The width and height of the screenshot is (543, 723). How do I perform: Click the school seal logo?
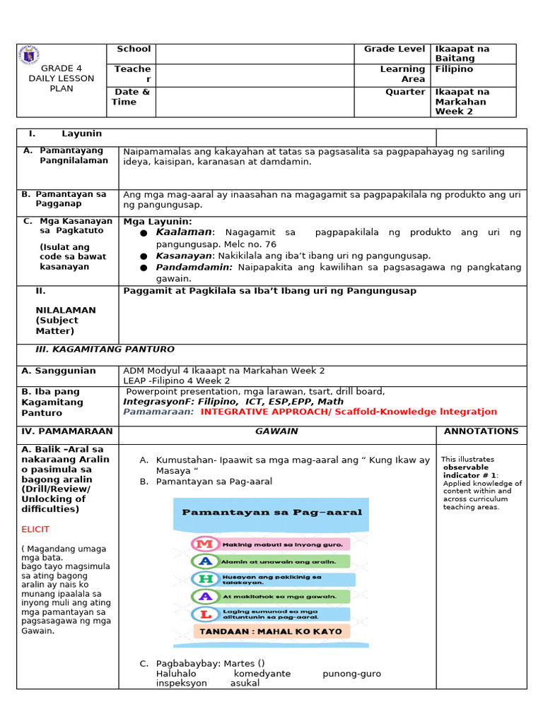pyautogui.click(x=30, y=55)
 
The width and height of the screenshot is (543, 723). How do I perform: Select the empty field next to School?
pyautogui.click(x=255, y=53)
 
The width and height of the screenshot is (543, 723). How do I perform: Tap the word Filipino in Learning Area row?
pyautogui.click(x=454, y=69)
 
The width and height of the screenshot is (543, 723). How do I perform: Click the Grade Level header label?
pyautogui.click(x=395, y=49)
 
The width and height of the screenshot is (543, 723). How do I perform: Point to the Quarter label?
pyautogui.click(x=405, y=92)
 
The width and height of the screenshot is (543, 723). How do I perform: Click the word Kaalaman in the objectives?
pyautogui.click(x=184, y=232)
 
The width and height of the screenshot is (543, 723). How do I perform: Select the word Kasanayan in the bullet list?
pyautogui.click(x=184, y=256)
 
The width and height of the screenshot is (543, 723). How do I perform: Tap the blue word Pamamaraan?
pyautogui.click(x=158, y=412)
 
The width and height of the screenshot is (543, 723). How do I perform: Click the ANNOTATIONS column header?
pyautogui.click(x=481, y=431)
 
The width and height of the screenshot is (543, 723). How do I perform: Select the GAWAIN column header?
pyautogui.click(x=276, y=431)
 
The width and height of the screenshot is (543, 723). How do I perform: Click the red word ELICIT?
pyautogui.click(x=35, y=529)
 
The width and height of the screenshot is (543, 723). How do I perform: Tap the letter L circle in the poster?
pyautogui.click(x=206, y=614)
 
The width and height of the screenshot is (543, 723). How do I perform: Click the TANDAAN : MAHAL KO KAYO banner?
pyautogui.click(x=271, y=631)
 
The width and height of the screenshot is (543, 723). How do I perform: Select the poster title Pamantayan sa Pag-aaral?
pyautogui.click(x=271, y=513)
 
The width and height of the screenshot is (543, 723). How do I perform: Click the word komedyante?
pyautogui.click(x=262, y=674)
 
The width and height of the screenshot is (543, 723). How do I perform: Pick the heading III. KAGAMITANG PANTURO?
pyautogui.click(x=105, y=349)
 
